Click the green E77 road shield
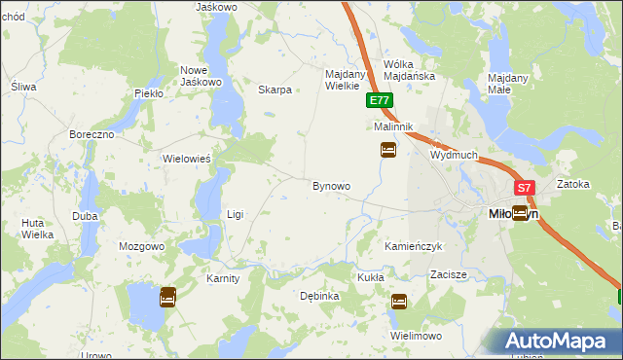(x=380, y=100)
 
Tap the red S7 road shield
(x=525, y=188)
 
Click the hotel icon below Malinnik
(x=388, y=150)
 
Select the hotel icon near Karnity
(x=167, y=296)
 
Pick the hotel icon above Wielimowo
(x=398, y=303)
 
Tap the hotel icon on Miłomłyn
(x=521, y=213)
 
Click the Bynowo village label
(x=331, y=185)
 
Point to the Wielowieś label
(x=187, y=159)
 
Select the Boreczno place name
(x=92, y=133)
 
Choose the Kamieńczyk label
(x=414, y=247)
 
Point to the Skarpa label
(x=275, y=90)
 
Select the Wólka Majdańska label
(x=409, y=69)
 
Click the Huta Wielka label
(x=37, y=229)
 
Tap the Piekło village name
(x=149, y=93)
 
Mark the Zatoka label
(x=573, y=184)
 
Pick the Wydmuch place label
(x=454, y=155)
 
